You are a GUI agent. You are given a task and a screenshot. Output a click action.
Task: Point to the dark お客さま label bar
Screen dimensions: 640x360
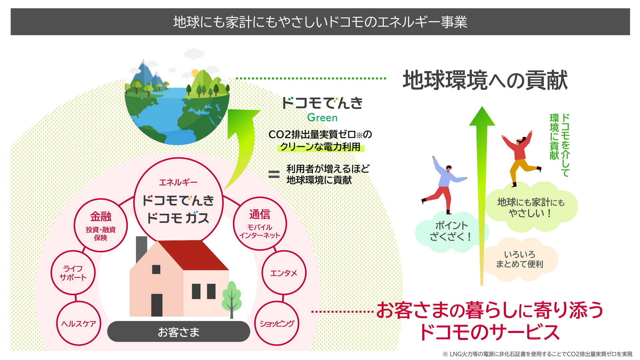179,332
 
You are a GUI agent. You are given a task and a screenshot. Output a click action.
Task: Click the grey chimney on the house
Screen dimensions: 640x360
142,248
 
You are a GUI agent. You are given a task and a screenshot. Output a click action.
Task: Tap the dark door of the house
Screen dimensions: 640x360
157,305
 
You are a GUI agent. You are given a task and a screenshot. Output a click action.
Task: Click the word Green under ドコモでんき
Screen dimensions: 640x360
322,117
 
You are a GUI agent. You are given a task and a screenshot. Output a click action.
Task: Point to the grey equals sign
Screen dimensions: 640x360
274,174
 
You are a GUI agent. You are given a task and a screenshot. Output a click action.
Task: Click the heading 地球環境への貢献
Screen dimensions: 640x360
485,80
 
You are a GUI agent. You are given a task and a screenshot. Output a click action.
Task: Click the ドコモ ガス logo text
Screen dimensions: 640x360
178,218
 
